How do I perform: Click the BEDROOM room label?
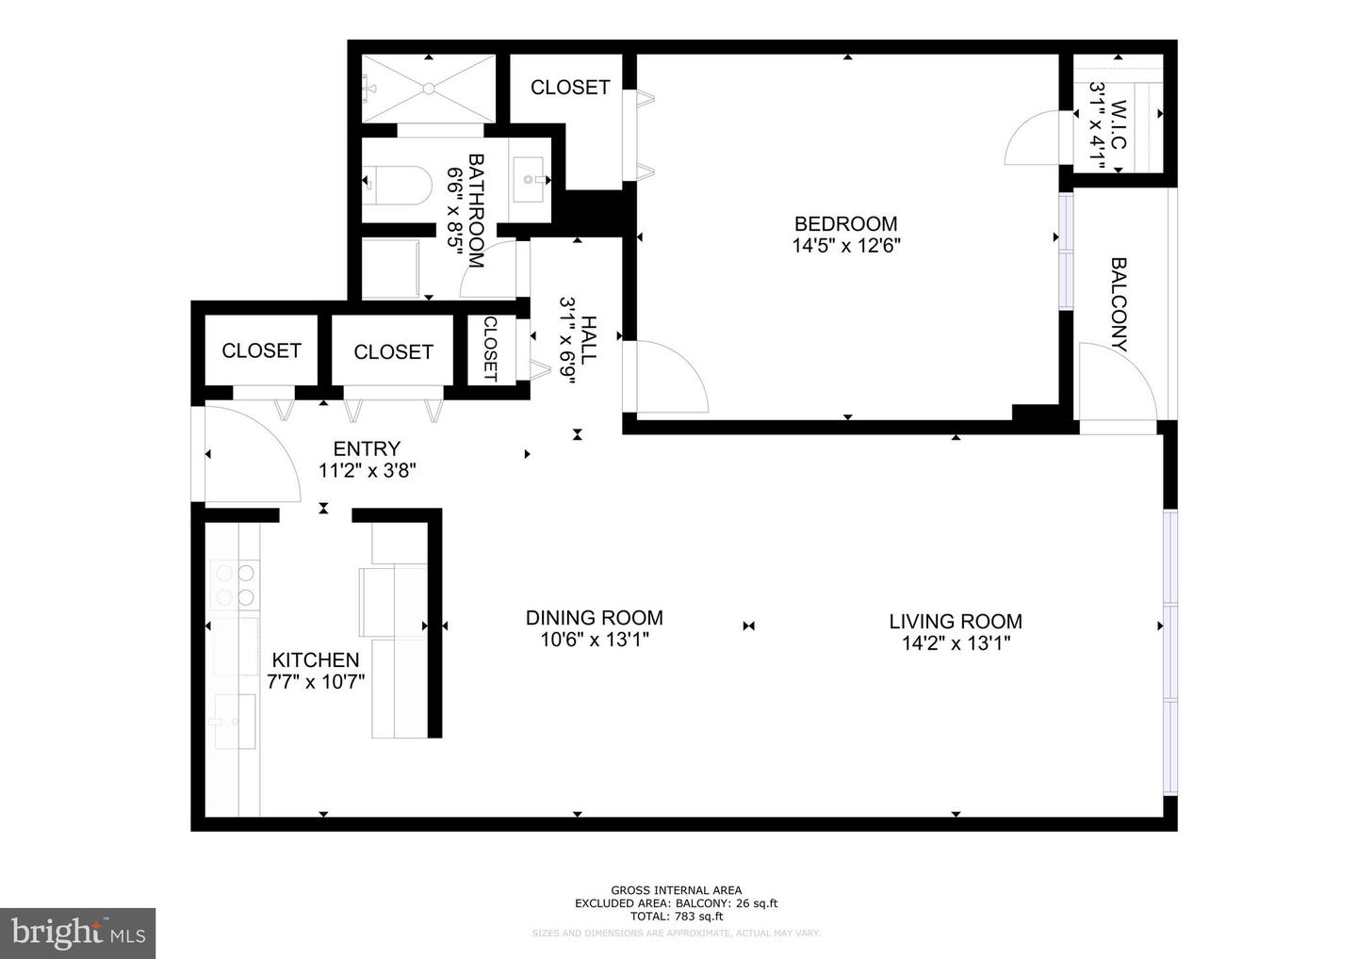(x=845, y=224)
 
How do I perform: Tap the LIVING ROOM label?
(x=955, y=622)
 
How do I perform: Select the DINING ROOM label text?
(x=594, y=618)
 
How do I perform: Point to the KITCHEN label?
(x=316, y=660)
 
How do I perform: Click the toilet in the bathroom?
(x=397, y=179)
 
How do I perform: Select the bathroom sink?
(x=530, y=176)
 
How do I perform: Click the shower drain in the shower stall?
(x=429, y=89)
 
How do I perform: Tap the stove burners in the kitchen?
(x=234, y=583)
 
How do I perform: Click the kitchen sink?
(x=234, y=722)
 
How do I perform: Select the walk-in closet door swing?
(x=1038, y=138)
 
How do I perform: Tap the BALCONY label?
(x=1119, y=304)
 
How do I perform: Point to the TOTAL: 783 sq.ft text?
(x=676, y=916)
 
